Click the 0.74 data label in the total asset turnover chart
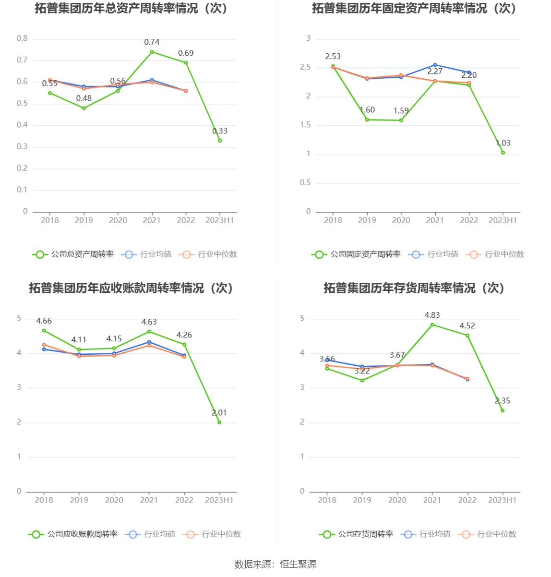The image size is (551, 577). pos(152,42)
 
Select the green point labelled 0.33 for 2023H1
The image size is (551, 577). pos(220,141)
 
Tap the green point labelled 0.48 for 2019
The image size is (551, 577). pos(84,108)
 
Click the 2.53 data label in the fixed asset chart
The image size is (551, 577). pos(333,57)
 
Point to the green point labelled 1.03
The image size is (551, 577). pos(503,153)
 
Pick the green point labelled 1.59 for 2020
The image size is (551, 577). pos(401,120)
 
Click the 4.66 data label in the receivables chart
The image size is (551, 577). pos(44,321)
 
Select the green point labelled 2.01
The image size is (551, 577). pos(219,422)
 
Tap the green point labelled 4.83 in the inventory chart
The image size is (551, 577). pos(432,325)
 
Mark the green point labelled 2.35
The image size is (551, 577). pos(503,410)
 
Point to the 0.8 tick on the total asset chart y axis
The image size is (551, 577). pos(23,38)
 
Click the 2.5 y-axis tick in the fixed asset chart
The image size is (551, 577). pos(305,68)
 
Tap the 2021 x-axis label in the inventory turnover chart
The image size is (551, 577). pos(432,500)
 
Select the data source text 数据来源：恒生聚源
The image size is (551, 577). pos(275,565)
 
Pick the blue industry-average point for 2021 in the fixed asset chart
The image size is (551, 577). pos(435,65)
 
